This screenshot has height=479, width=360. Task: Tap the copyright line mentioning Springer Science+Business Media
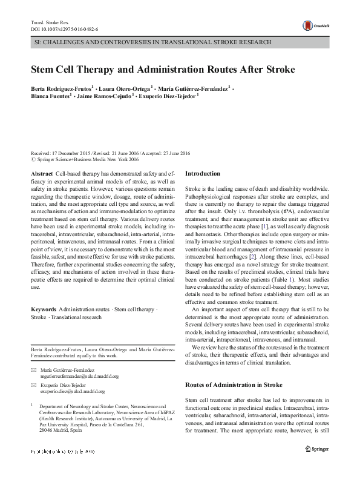click(x=85, y=160)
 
